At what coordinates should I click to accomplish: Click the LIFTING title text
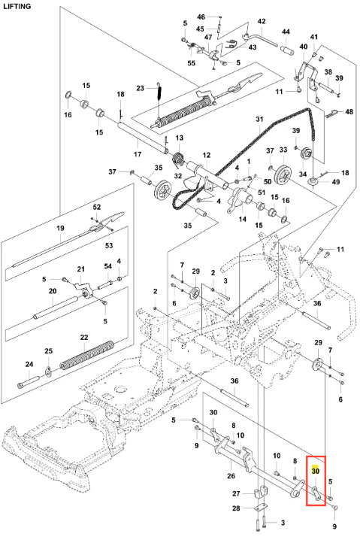17,6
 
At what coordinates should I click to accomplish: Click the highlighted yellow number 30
315,471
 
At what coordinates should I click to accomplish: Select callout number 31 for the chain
259,120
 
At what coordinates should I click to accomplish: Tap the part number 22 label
84,338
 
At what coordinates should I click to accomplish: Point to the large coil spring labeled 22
87,355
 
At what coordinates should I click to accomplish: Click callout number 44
286,32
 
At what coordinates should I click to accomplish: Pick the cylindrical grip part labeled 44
288,50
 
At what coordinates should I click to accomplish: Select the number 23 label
141,88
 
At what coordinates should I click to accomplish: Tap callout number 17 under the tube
138,154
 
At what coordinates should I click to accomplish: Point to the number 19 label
60,228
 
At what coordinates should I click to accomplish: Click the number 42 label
262,21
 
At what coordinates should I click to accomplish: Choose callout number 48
349,112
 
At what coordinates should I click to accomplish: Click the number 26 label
231,476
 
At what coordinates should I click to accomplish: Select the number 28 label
236,508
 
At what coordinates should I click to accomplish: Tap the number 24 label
29,364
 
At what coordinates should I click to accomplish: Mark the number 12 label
207,155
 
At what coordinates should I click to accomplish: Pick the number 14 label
242,219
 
